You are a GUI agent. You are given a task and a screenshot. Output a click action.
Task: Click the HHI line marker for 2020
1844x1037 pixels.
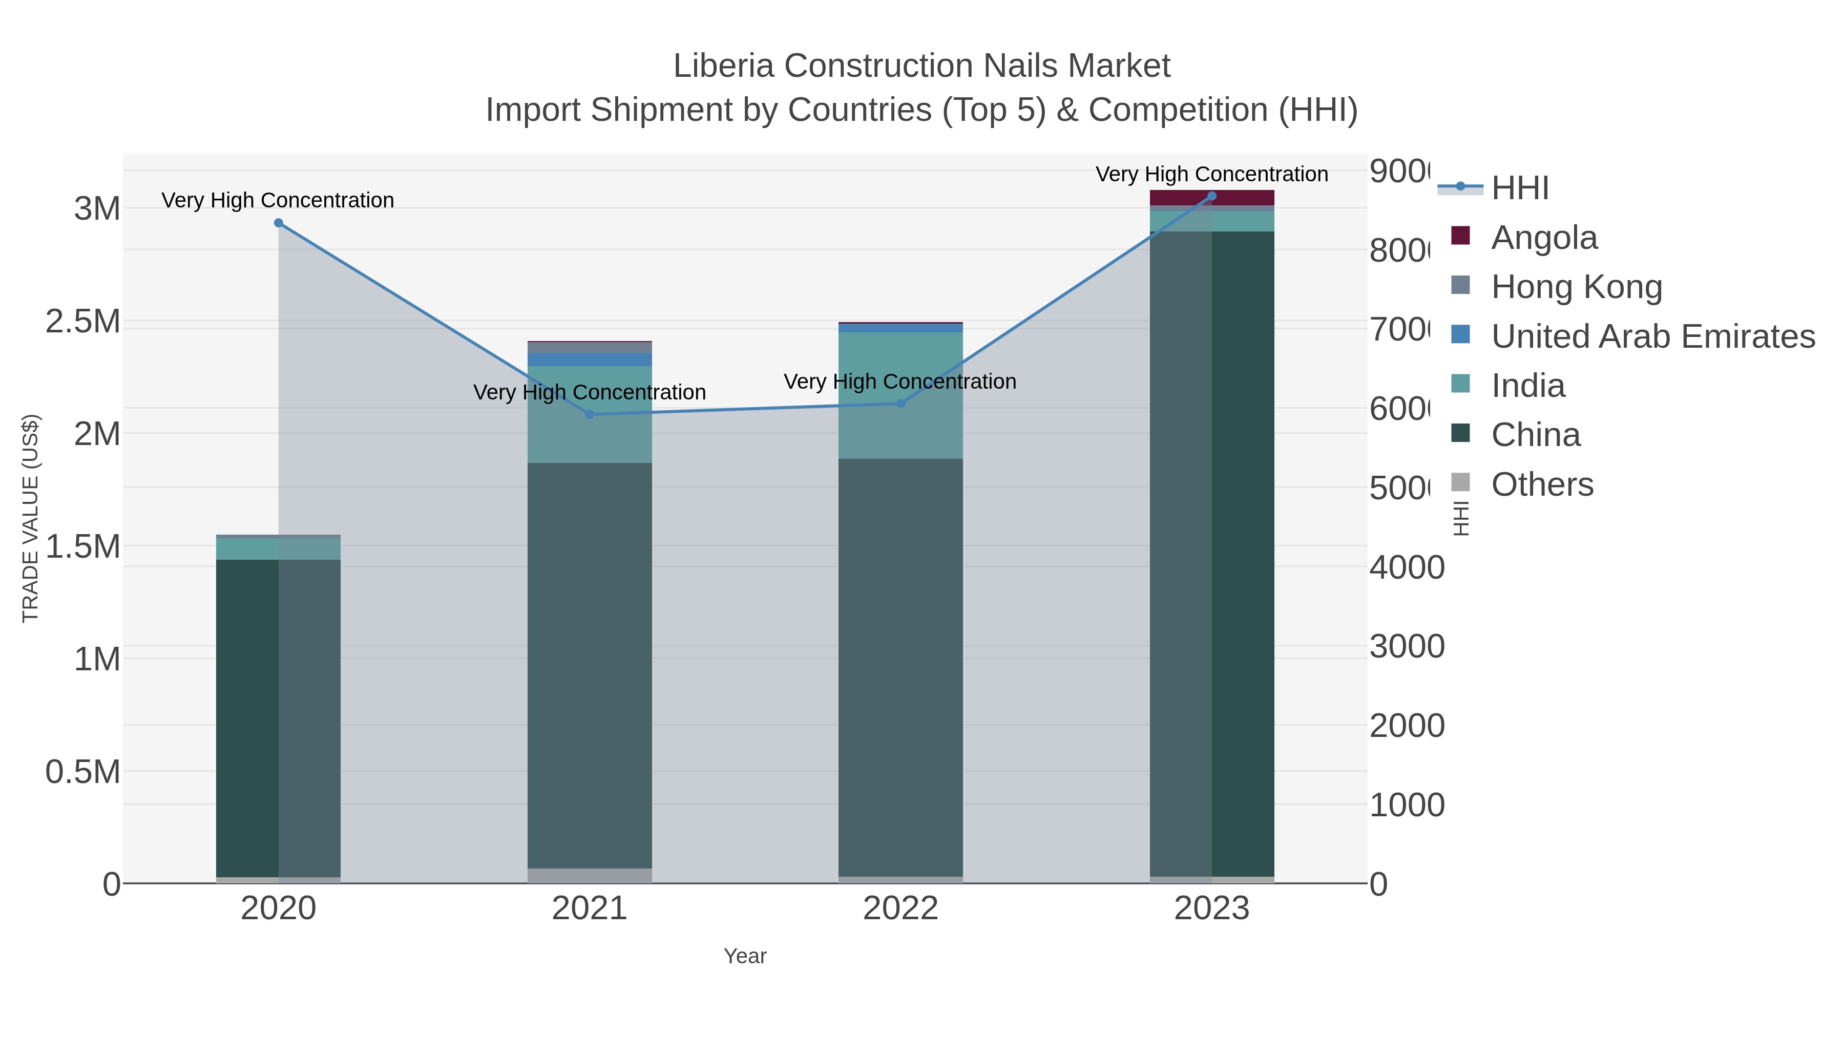coord(279,223)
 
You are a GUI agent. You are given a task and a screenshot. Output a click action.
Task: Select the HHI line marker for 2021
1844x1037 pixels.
coord(590,414)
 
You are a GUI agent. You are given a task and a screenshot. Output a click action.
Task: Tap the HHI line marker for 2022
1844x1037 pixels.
coord(900,404)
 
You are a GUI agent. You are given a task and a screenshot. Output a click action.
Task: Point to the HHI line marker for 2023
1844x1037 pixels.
coord(1212,196)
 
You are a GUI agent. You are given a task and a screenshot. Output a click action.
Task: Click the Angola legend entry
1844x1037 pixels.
coord(1543,238)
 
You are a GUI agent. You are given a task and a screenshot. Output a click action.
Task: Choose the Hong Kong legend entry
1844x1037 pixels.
coord(1576,287)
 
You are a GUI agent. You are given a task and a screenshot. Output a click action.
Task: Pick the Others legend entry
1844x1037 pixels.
coord(1542,484)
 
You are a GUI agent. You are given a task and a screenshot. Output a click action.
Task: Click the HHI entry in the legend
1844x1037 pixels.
coord(1519,188)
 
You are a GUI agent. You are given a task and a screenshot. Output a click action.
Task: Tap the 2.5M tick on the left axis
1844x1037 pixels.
coord(83,321)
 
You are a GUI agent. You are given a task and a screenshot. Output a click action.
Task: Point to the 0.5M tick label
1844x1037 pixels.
coord(83,772)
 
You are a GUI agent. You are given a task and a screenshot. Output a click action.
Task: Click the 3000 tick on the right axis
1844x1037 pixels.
coord(1406,646)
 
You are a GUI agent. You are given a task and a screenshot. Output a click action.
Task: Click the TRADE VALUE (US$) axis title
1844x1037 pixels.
coord(31,518)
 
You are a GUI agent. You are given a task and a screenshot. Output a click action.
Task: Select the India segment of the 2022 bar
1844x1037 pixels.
coord(900,395)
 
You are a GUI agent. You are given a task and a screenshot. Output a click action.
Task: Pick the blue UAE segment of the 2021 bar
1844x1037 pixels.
coord(590,359)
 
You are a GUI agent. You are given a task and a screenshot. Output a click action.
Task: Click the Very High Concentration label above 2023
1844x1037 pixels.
coord(1211,174)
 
